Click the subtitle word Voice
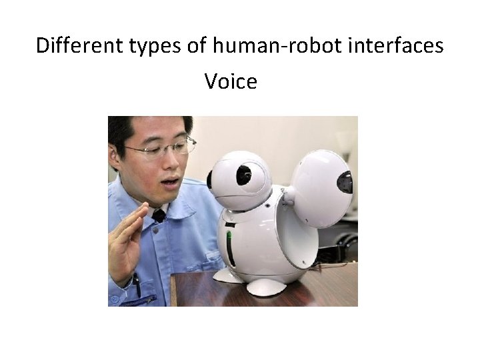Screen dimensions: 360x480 [x=231, y=81]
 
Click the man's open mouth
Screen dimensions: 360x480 [x=171, y=181]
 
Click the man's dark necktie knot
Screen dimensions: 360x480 [x=159, y=215]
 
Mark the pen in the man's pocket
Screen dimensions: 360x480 [x=136, y=283]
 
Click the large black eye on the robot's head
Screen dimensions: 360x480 [x=244, y=175]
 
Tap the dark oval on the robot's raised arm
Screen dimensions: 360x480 [x=345, y=181]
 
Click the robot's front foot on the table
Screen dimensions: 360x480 [x=267, y=287]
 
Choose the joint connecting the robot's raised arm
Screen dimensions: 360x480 [x=288, y=196]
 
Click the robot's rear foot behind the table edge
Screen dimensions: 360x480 [x=225, y=275]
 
